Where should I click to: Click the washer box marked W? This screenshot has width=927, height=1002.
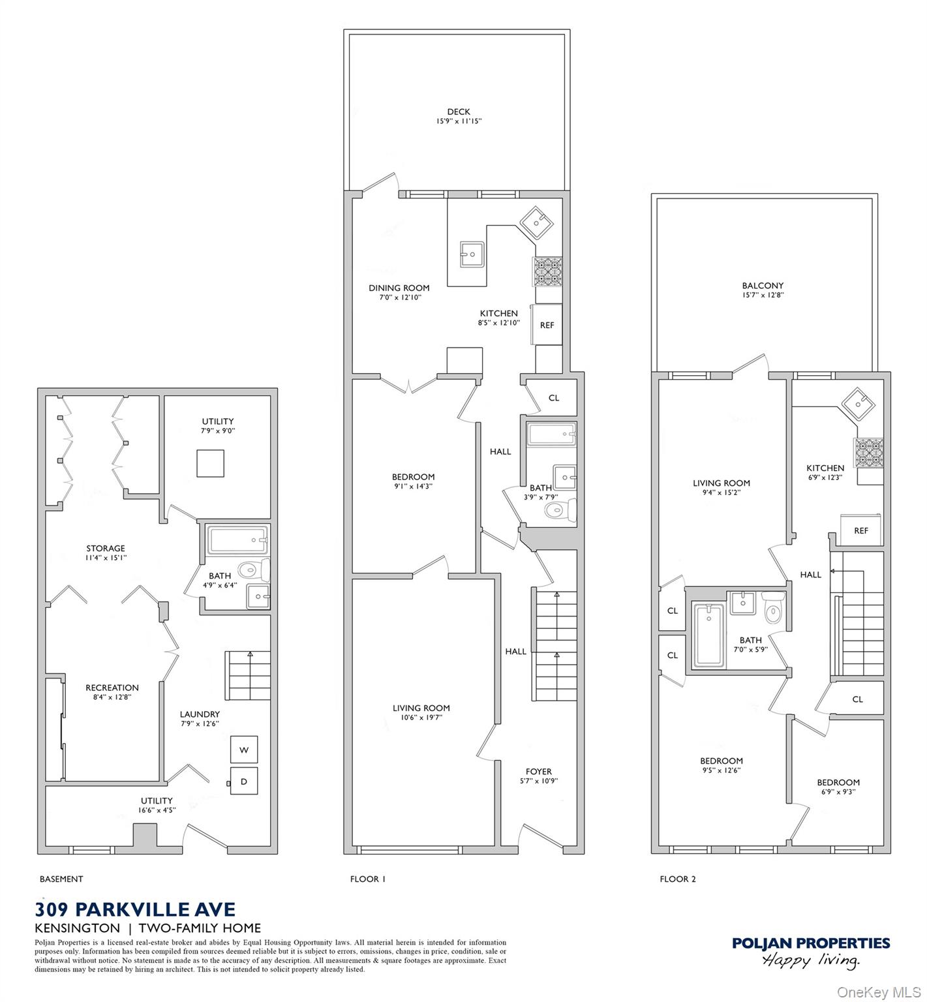[244, 750]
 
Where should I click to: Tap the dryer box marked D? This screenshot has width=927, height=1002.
[244, 781]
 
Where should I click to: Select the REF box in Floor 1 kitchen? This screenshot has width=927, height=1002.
[547, 325]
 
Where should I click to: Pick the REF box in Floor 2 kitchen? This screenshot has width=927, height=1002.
[861, 530]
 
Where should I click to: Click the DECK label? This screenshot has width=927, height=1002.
[459, 112]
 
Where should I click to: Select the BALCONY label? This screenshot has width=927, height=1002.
[762, 286]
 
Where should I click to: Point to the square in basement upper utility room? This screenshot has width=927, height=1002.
[210, 463]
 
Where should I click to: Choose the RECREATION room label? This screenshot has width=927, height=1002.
[112, 688]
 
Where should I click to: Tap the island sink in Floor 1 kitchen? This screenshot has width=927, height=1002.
[471, 254]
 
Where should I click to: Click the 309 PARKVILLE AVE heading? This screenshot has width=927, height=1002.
[135, 909]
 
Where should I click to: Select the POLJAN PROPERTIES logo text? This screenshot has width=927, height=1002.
[811, 943]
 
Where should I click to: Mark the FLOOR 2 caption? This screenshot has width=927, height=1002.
[678, 879]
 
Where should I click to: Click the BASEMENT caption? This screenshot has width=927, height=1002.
[61, 879]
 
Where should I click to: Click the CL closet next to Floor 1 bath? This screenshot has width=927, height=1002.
[553, 398]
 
